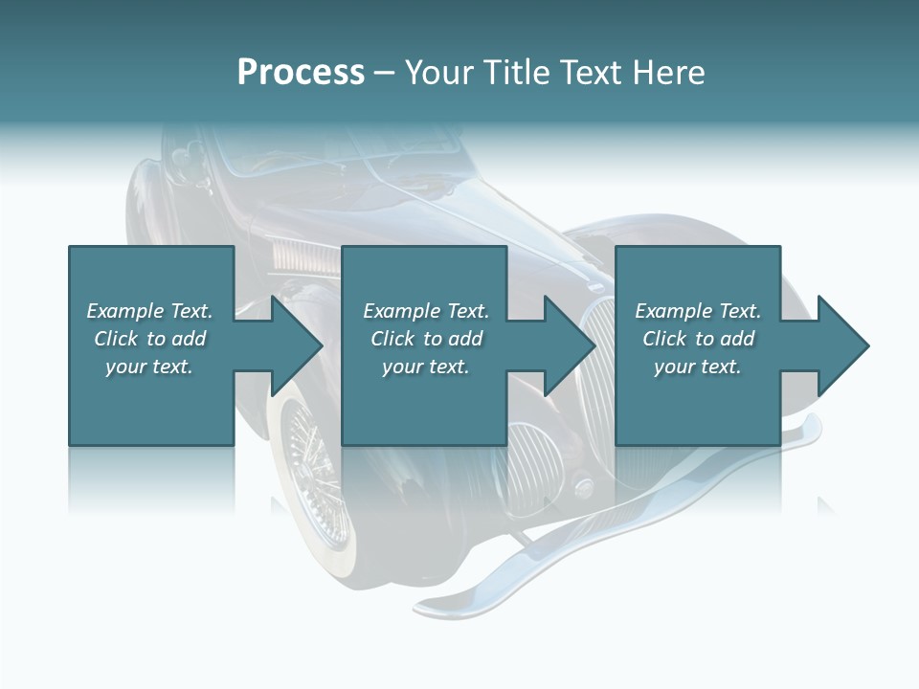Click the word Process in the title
301,73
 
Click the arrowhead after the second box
569,345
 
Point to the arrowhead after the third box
841,345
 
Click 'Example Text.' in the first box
149,311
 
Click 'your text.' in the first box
149,367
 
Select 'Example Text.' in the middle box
425,311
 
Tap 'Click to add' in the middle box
425,339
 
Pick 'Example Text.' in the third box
698,311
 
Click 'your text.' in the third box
698,367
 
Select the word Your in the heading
439,73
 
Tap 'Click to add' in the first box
149,339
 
